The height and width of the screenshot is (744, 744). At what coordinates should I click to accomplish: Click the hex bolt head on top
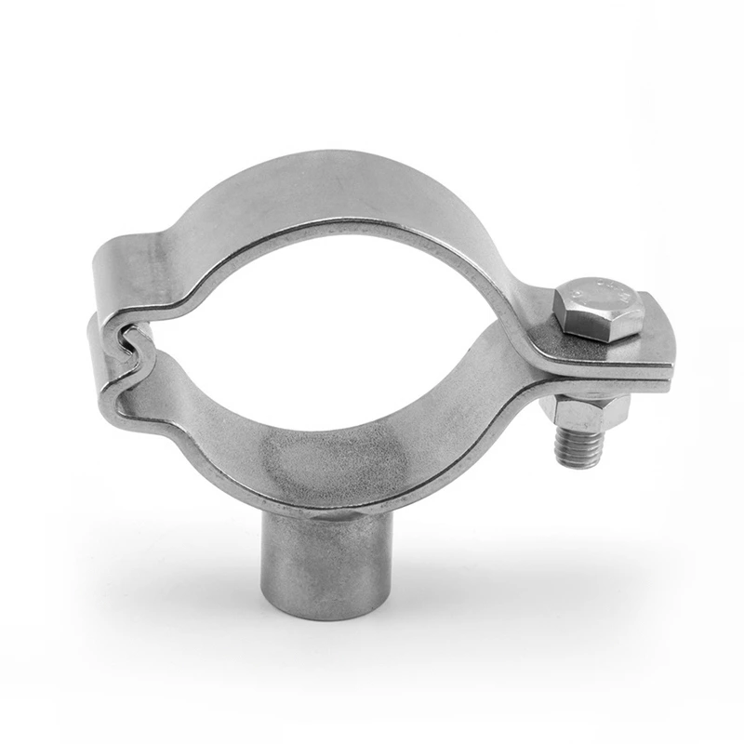(x=600, y=307)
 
